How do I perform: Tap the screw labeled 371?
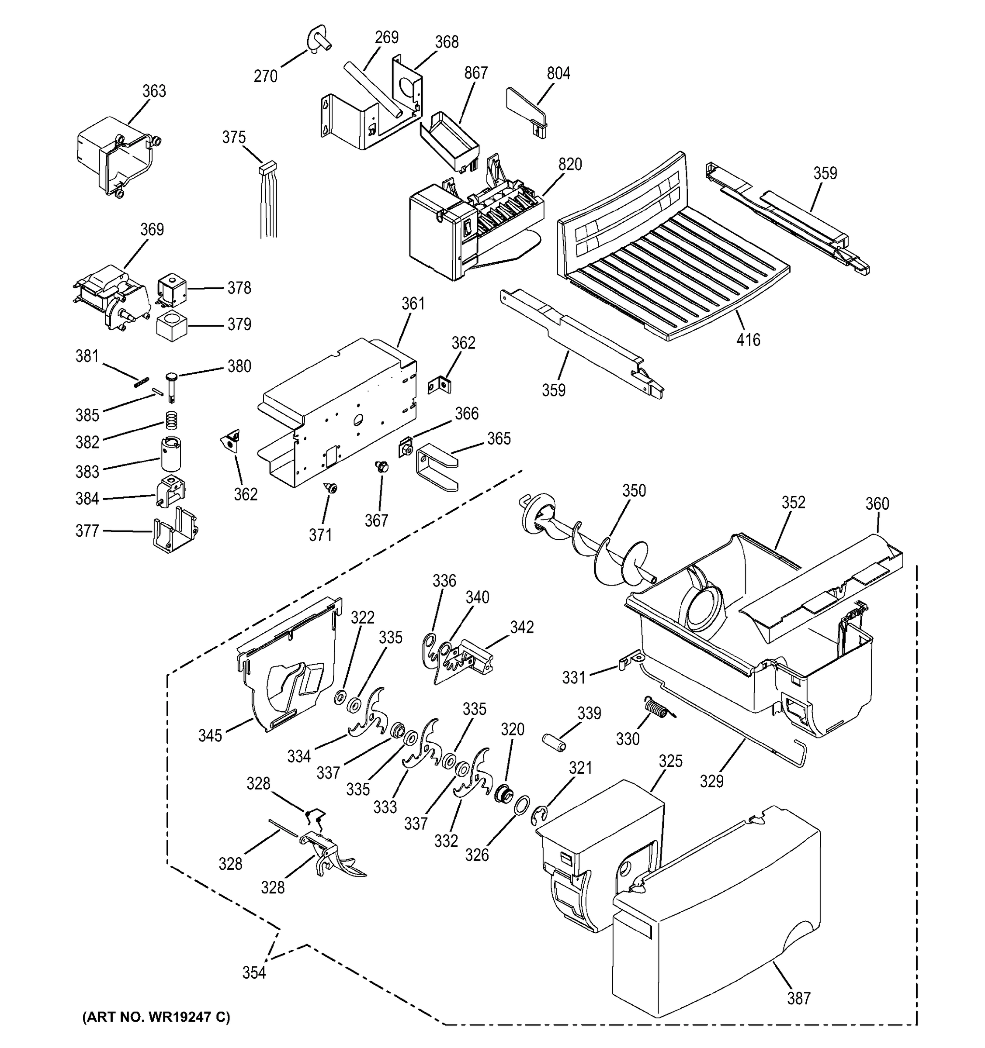pos(332,489)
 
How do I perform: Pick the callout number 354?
pos(254,972)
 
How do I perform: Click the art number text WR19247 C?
pos(156,1017)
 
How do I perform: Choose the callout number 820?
pos(570,165)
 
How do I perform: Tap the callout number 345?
pos(210,735)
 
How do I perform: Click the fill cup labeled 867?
pos(450,140)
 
